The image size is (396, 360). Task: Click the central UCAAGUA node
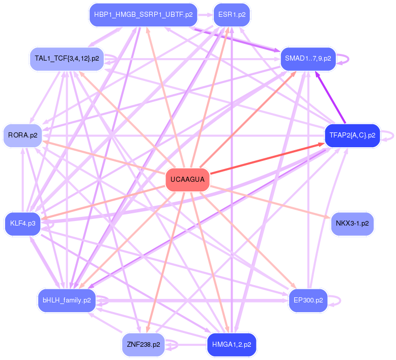[x=188, y=180]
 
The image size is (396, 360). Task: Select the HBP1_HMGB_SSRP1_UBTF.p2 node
[x=143, y=15]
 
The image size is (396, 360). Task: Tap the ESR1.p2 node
[x=232, y=15]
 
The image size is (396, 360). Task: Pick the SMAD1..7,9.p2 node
[x=308, y=59]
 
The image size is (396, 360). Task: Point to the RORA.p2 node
[x=22, y=135]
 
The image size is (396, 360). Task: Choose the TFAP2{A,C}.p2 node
[x=352, y=135]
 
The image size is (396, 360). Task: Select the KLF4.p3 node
[x=22, y=223]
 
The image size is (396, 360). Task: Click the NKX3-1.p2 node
[x=352, y=223]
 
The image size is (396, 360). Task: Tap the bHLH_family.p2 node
[x=67, y=300]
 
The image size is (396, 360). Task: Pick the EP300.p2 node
[x=308, y=300]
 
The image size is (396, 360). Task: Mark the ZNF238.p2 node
[x=143, y=345]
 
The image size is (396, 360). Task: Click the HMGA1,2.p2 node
[x=232, y=345]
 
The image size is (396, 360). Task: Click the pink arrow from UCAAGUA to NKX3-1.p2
[x=270, y=202]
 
